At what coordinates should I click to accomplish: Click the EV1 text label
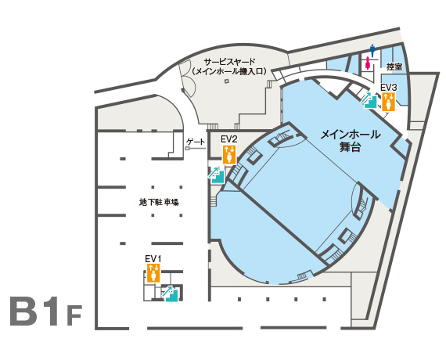pyautogui.click(x=153, y=259)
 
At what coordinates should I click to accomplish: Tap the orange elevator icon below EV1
pyautogui.click(x=153, y=273)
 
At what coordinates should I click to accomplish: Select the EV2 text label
pyautogui.click(x=229, y=139)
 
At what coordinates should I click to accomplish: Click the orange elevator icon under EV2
pyautogui.click(x=229, y=154)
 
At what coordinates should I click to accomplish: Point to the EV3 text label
pyautogui.click(x=389, y=88)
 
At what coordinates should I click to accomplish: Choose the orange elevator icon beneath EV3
pyautogui.click(x=389, y=102)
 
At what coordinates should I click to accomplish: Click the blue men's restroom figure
pyautogui.click(x=372, y=51)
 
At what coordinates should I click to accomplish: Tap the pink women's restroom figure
pyautogui.click(x=369, y=63)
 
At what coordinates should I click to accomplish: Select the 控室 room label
pyautogui.click(x=394, y=67)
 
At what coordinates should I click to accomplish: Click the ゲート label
pyautogui.click(x=196, y=142)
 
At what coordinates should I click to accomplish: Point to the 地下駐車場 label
pyautogui.click(x=159, y=203)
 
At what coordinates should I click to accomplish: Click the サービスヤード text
pyautogui.click(x=230, y=61)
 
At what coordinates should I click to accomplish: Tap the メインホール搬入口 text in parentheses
pyautogui.click(x=230, y=71)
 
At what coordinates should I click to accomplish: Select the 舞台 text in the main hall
pyautogui.click(x=350, y=147)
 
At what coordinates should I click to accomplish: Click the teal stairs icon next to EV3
pyautogui.click(x=371, y=100)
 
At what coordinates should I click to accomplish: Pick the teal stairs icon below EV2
pyautogui.click(x=217, y=175)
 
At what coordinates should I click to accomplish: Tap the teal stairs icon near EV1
pyautogui.click(x=170, y=293)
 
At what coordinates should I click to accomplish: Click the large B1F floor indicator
pyautogui.click(x=46, y=311)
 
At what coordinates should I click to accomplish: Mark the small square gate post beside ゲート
pyautogui.click(x=187, y=148)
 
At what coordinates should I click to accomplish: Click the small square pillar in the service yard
pyautogui.click(x=227, y=81)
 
